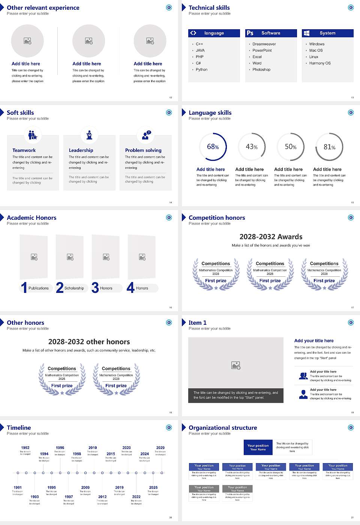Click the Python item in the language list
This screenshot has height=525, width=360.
201,70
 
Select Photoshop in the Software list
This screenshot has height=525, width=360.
261,70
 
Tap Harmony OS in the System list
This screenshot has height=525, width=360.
320,63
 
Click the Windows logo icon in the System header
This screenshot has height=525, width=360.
307,33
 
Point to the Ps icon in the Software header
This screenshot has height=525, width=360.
250,33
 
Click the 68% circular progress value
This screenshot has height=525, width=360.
213,147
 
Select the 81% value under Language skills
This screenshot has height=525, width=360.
329,147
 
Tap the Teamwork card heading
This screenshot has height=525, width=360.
24,150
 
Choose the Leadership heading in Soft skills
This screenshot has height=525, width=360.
81,150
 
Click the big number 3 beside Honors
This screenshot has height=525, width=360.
95,288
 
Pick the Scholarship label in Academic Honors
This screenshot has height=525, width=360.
74,288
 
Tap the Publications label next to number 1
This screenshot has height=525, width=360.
39,288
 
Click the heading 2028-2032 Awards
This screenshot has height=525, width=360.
271,237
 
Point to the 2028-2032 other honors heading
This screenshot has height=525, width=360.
89,342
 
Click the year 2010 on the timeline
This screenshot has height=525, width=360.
93,448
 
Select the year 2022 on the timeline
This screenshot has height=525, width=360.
136,497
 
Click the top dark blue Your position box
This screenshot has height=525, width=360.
258,447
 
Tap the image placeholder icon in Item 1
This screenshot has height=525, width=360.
236,365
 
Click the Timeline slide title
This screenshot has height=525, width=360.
19,428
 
